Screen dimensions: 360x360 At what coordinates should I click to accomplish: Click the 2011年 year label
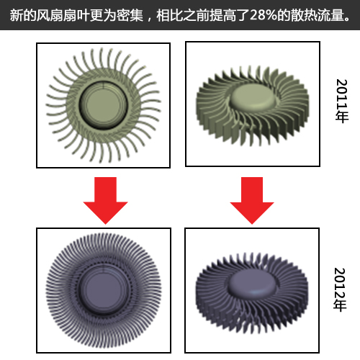coord(342,101)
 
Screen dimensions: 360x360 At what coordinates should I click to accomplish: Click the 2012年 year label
coord(341,289)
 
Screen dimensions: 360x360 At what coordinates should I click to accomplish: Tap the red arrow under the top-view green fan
coord(105,200)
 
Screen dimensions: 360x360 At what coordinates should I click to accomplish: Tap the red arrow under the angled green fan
coord(252,200)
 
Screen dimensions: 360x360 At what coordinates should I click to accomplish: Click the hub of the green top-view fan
coord(103,106)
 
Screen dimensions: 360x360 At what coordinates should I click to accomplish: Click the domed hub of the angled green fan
coord(253,96)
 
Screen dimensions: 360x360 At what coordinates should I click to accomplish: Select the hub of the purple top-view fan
coord(104,289)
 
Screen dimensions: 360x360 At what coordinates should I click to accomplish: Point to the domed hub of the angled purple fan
coord(252,284)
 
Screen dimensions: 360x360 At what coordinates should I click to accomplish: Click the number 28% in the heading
coord(264,15)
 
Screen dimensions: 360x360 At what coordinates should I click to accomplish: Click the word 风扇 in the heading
coord(50,15)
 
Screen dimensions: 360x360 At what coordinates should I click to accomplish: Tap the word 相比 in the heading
coord(170,15)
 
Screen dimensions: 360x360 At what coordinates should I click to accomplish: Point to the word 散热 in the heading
coord(304,15)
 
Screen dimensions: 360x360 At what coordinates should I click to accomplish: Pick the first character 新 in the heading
coord(17,15)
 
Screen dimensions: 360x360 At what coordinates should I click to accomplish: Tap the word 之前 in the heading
coord(197,15)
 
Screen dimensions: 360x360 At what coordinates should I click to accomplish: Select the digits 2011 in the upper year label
coord(342,94)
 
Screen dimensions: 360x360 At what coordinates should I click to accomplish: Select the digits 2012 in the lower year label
coord(341,283)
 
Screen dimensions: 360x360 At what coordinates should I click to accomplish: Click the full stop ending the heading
coord(347,19)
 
